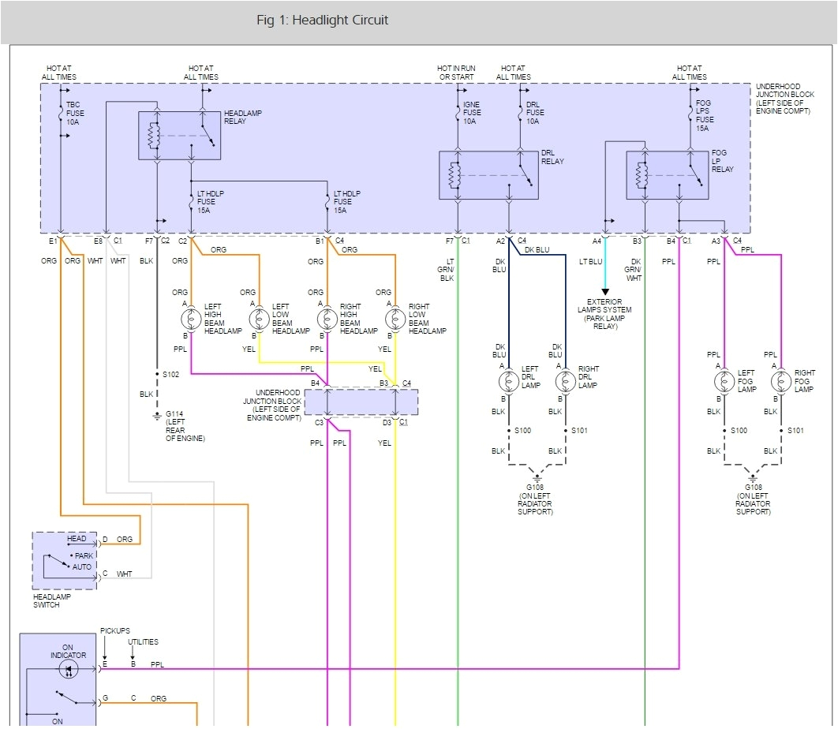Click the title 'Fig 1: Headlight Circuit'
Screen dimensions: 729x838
pos(322,21)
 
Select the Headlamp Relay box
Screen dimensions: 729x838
pos(179,136)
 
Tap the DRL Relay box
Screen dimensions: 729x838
pos(488,174)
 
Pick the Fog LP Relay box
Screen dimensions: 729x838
pos(667,174)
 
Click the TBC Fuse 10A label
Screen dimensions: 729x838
pos(75,114)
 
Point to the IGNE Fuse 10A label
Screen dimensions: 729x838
pos(472,113)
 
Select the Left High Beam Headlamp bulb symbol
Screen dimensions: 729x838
pos(191,320)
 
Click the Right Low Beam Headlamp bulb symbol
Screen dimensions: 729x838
pos(395,320)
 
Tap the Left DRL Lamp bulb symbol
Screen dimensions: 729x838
pos(508,382)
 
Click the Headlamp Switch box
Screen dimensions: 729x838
pos(65,560)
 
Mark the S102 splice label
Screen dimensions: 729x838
pos(171,374)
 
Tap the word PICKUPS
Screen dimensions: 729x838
pos(115,632)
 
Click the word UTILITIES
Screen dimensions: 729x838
pos(143,642)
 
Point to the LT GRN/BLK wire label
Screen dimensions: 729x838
pos(447,269)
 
